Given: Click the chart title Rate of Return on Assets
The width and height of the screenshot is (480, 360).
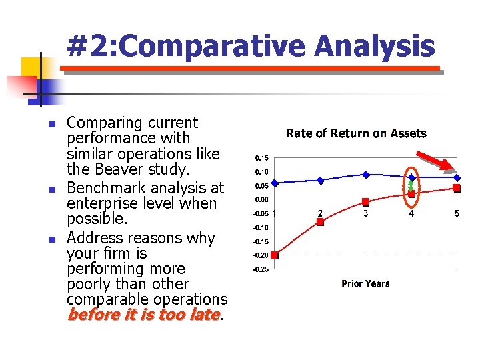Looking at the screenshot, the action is click(356, 133).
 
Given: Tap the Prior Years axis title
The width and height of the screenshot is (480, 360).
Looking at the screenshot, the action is click(365, 283).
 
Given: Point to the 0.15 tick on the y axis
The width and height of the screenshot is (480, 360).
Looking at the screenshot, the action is click(262, 158).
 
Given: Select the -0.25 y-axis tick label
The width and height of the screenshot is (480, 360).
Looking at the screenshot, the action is click(261, 269).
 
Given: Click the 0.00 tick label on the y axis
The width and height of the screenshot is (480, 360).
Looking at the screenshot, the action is click(262, 199).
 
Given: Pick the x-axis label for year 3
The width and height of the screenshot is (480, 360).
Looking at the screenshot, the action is click(365, 213).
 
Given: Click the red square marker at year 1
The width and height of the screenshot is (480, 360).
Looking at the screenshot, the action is click(275, 255).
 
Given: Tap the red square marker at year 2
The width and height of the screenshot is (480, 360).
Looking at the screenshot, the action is click(320, 222).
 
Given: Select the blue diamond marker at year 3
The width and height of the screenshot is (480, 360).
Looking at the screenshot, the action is click(366, 175).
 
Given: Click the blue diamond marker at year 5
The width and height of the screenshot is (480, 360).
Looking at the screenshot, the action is click(457, 177).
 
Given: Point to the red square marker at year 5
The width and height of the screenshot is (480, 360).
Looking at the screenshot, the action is click(457, 188).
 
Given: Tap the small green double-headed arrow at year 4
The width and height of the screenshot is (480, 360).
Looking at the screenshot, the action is click(411, 186).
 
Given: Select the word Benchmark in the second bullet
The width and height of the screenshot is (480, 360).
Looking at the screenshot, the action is click(106, 187).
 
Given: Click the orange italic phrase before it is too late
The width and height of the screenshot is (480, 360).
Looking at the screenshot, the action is click(144, 315).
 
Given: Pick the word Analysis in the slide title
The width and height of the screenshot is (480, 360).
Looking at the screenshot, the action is click(375, 46).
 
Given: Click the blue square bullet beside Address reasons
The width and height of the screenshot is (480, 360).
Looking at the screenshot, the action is click(53, 239).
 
